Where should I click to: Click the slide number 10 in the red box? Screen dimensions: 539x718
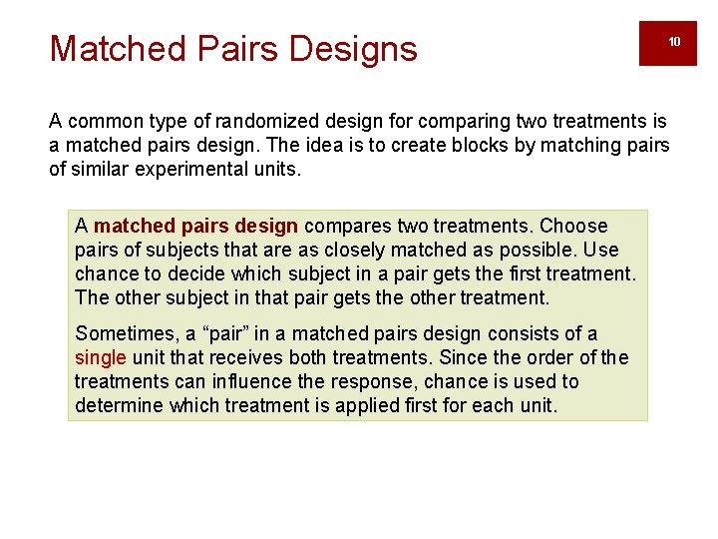pyautogui.click(x=674, y=42)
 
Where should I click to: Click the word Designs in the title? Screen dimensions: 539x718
pyautogui.click(x=357, y=48)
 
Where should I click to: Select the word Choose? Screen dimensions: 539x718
pyautogui.click(x=573, y=226)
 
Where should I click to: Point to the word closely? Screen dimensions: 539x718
pyautogui.click(x=335, y=250)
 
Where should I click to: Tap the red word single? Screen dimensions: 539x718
pyautogui.click(x=101, y=358)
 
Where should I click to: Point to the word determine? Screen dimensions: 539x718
pyautogui.click(x=119, y=406)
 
